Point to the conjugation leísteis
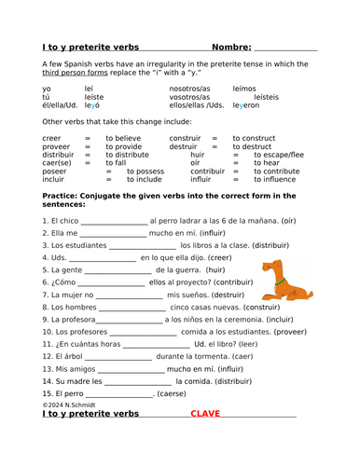[x=266, y=97]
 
